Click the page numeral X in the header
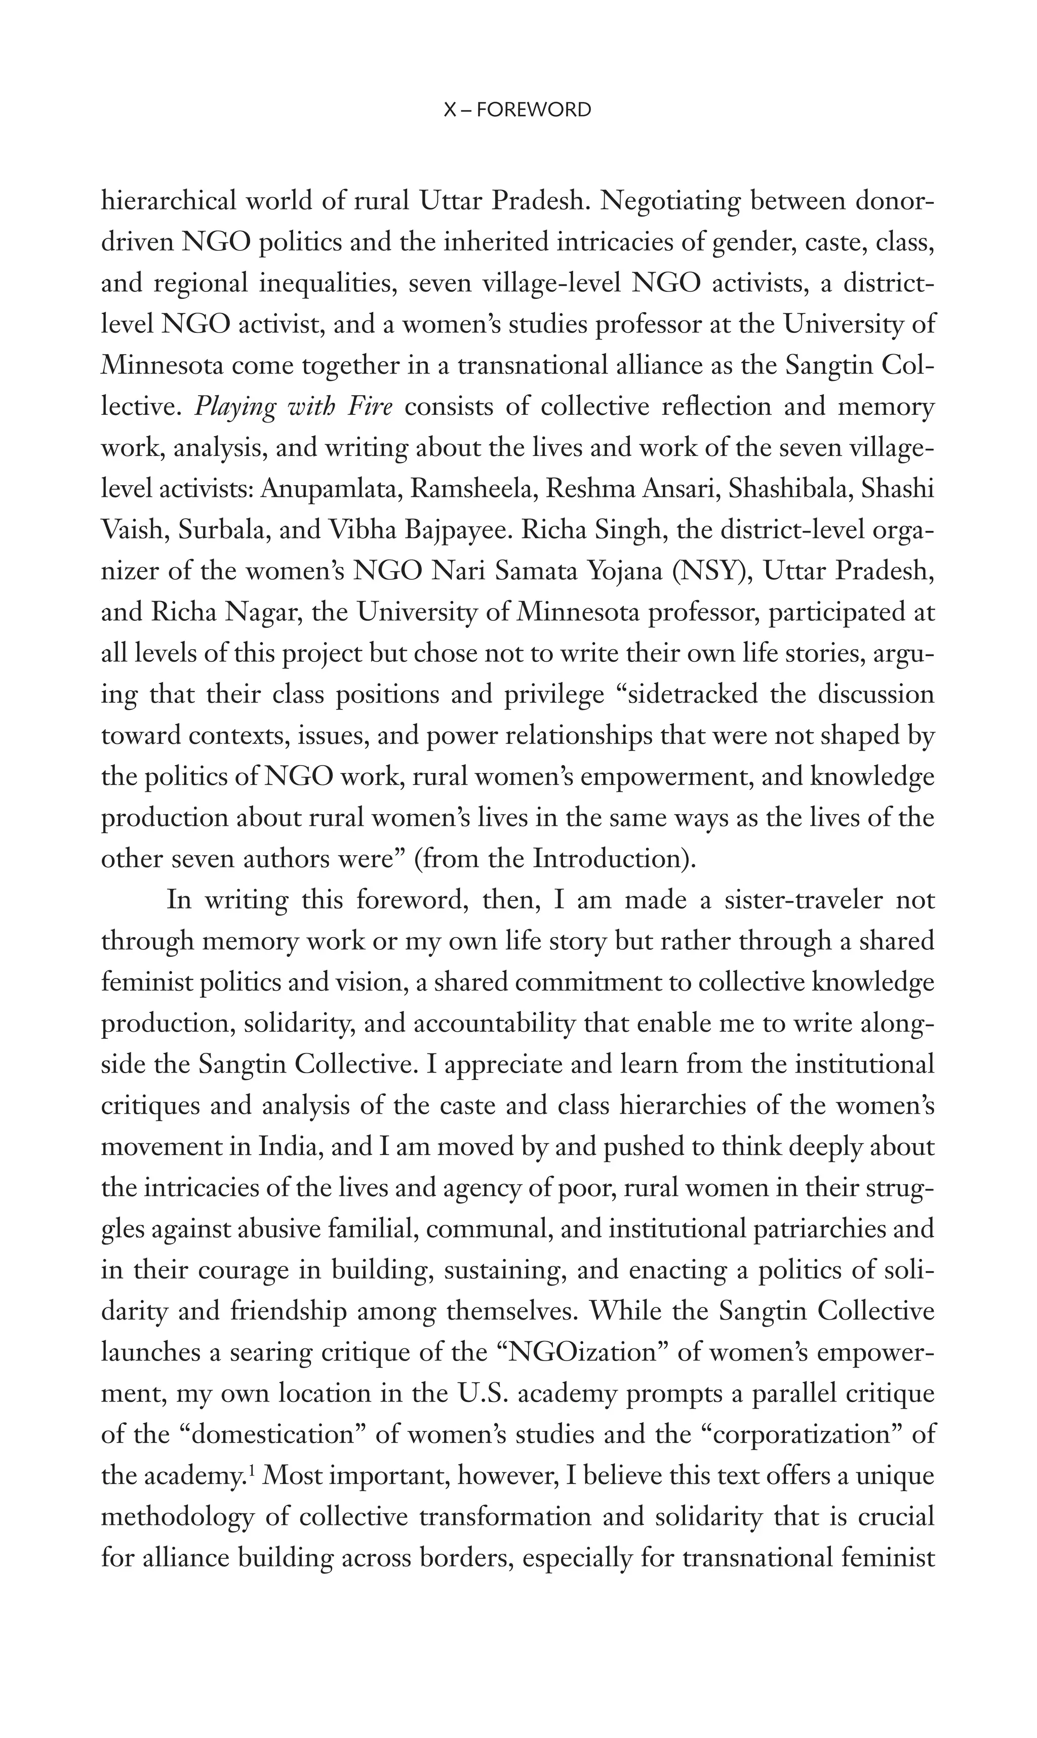(x=451, y=110)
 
